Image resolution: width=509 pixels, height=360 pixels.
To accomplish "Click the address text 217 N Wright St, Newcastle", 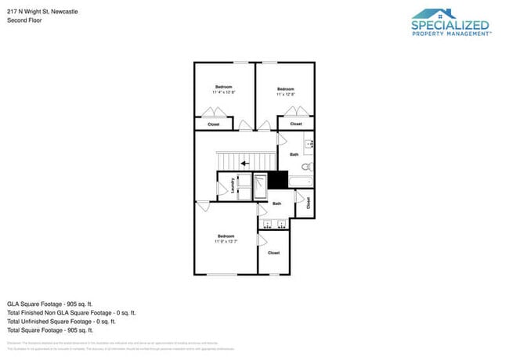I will pyautogui.click(x=38, y=12).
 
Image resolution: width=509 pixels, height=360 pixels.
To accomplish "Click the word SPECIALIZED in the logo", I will pyautogui.click(x=450, y=26).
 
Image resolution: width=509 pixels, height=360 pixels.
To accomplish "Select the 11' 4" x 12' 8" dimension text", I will pyautogui.click(x=224, y=92).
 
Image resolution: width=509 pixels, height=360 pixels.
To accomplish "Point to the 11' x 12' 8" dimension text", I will pyautogui.click(x=286, y=95).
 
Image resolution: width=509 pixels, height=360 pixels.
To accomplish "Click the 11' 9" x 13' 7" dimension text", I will pyautogui.click(x=226, y=242).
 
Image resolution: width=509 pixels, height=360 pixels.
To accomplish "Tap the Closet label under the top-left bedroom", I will pyautogui.click(x=213, y=124).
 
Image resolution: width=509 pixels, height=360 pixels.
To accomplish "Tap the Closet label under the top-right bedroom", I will pyautogui.click(x=296, y=124).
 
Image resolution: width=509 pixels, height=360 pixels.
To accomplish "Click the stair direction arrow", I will pyautogui.click(x=245, y=164).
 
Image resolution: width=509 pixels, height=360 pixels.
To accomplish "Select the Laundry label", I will pyautogui.click(x=233, y=185).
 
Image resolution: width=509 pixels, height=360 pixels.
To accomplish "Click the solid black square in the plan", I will pyautogui.click(x=278, y=180).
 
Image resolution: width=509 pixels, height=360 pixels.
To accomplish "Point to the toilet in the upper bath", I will pyautogui.click(x=307, y=167).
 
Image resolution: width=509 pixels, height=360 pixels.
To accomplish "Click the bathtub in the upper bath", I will pyautogui.click(x=301, y=182).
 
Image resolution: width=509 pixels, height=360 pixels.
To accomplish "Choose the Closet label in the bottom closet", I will pyautogui.click(x=273, y=253).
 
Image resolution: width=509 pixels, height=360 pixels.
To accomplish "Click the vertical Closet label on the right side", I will pyautogui.click(x=309, y=202).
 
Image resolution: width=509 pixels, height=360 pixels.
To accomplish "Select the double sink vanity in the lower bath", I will pyautogui.click(x=273, y=224).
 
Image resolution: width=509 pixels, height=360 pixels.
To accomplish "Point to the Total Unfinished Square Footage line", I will pyautogui.click(x=61, y=321).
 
